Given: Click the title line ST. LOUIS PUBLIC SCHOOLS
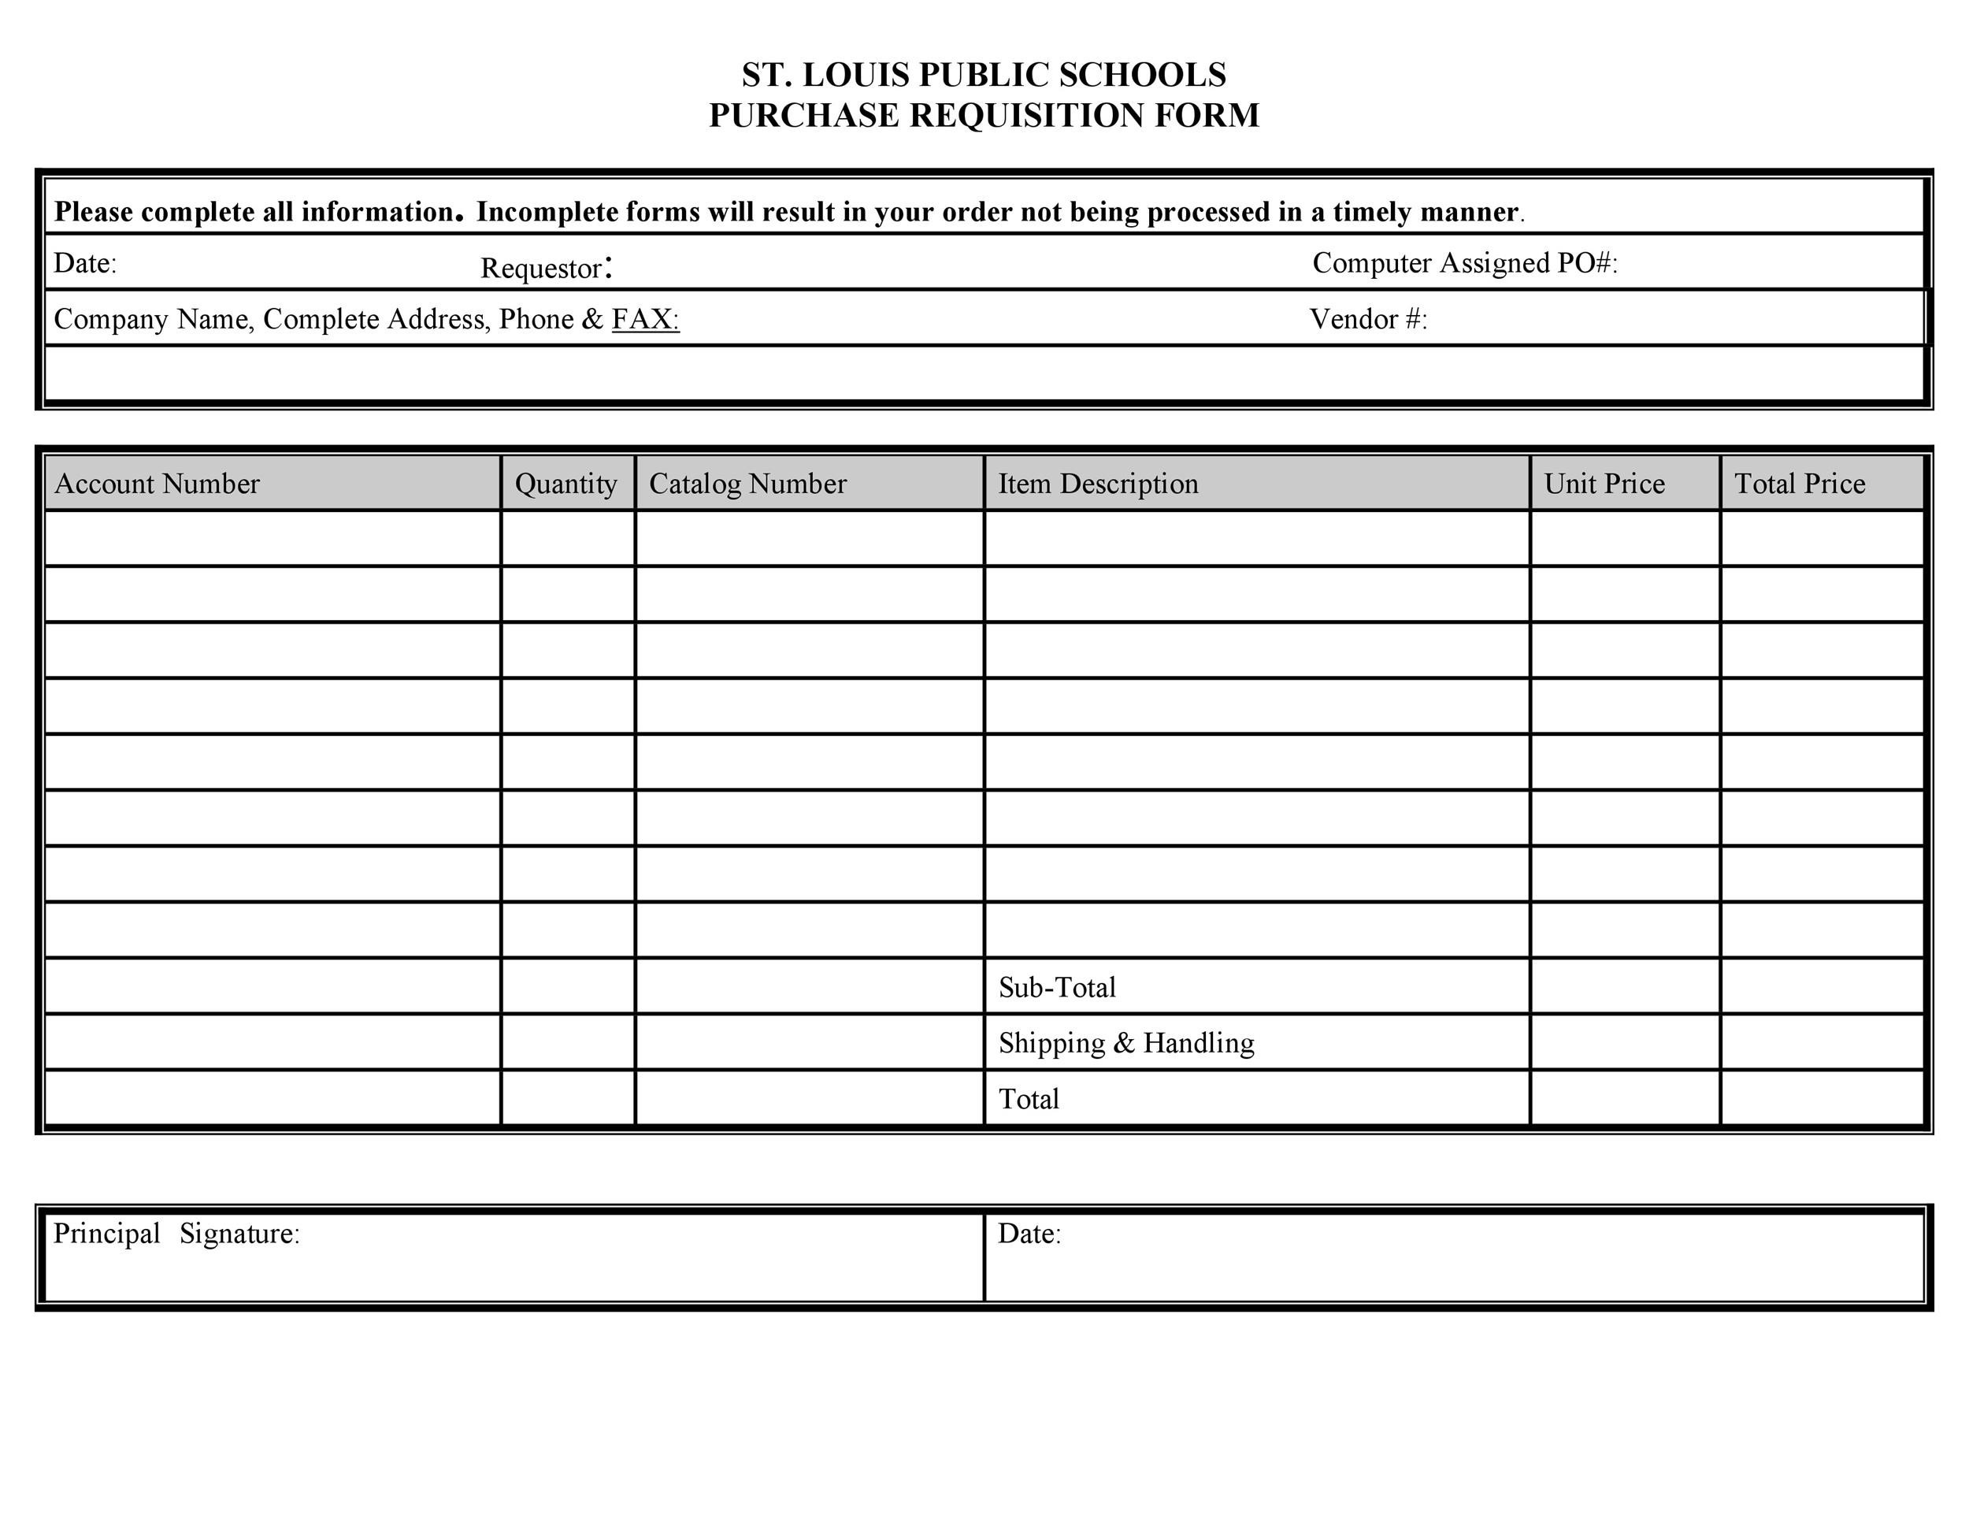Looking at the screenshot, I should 984,75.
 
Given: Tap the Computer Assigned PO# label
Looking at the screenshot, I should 1464,263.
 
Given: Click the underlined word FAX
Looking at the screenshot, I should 643,319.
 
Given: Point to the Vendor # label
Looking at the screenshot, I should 1367,319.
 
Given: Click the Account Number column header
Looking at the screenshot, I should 157,484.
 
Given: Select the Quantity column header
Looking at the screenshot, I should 566,484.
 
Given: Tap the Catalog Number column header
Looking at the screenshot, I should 747,484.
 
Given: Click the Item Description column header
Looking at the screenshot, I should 1098,484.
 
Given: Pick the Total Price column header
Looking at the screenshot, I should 1800,484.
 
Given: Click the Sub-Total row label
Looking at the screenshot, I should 1057,987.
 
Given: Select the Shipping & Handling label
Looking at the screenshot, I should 1126,1043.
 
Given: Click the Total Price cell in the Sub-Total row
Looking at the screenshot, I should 1821,986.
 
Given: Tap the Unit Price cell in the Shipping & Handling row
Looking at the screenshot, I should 1625,1042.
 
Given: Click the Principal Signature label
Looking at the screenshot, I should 176,1234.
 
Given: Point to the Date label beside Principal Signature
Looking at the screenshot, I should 1029,1234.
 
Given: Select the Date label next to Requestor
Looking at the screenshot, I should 85,263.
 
